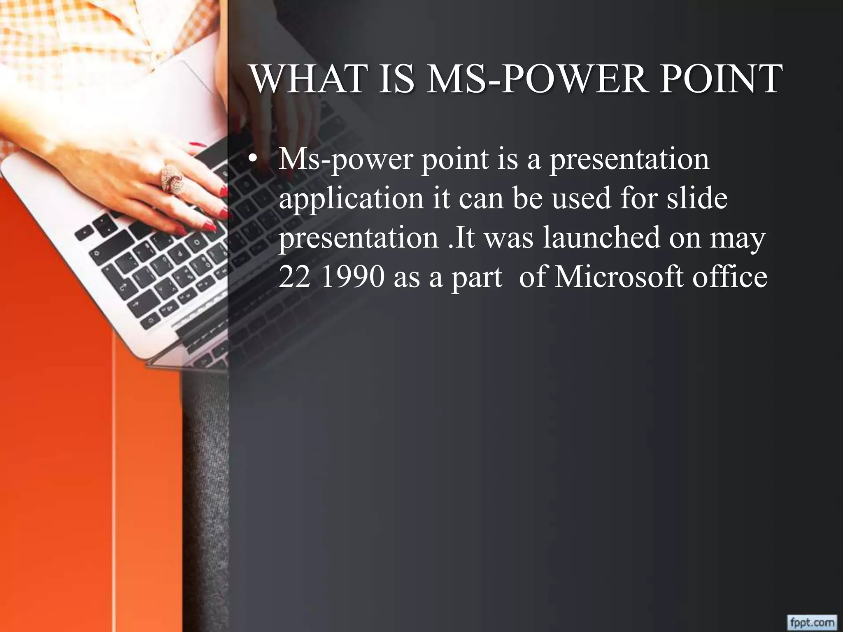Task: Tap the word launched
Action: [x=601, y=237]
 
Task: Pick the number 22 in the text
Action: [x=294, y=277]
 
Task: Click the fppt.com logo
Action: [x=811, y=621]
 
